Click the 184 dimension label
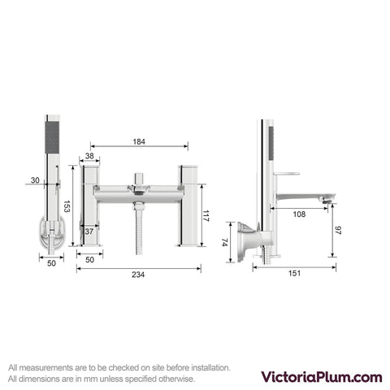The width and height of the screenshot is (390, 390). point(139,141)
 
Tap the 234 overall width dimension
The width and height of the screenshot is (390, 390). point(138,275)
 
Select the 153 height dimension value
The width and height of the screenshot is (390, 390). point(67,206)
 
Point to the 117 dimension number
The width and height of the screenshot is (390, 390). point(206,216)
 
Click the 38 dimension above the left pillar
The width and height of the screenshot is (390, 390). point(89,156)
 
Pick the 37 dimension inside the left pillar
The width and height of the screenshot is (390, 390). point(89,232)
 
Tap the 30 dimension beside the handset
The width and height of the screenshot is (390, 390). point(35,180)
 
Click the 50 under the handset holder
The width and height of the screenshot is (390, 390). point(51,263)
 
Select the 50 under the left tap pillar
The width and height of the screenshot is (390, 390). point(89,260)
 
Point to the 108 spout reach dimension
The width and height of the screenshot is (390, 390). point(299,214)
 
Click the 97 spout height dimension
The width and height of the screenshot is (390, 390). point(338,230)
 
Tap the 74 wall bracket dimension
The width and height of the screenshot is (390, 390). point(224,242)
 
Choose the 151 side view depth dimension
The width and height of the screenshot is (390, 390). point(294,273)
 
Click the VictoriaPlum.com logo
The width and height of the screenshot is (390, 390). point(322,377)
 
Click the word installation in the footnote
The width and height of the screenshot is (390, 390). point(210,368)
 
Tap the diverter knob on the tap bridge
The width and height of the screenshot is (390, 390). point(139,178)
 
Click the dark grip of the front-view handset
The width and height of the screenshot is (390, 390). point(52,137)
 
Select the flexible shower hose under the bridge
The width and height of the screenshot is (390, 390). point(139,229)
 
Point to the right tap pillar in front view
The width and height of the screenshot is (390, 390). point(188,206)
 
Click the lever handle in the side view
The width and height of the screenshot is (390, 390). point(287,174)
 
